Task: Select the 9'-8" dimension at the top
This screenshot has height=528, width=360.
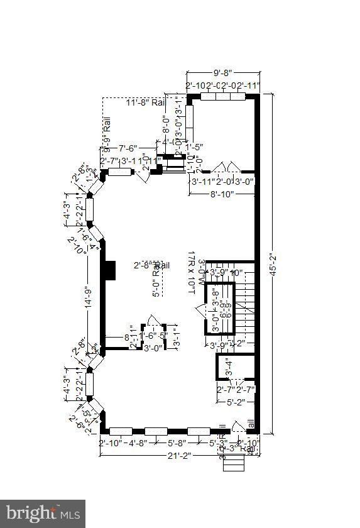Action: point(223,73)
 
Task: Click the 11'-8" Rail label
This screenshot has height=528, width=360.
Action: point(144,103)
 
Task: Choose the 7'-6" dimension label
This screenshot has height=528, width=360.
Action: point(128,149)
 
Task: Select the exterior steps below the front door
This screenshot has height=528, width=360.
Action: point(233,464)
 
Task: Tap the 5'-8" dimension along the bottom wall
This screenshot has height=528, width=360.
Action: point(179,442)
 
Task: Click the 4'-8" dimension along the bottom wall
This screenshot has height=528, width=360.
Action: point(138,442)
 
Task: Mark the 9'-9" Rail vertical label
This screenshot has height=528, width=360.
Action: point(107,135)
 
